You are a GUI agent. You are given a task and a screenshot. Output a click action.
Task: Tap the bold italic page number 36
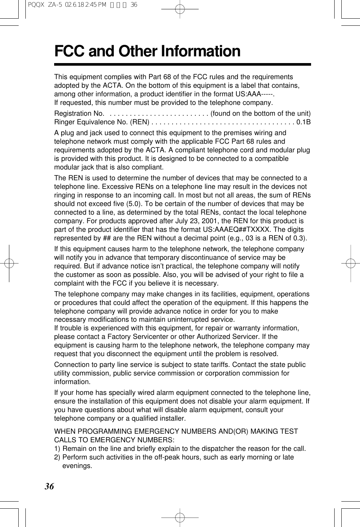click(x=49, y=486)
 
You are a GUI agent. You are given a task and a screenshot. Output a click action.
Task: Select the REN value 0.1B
click(x=303, y=122)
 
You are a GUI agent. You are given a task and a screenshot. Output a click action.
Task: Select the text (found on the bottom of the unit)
click(x=261, y=113)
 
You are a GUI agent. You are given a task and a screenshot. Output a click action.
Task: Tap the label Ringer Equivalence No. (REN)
click(x=102, y=122)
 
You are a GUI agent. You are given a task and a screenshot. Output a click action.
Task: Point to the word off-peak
click(x=165, y=457)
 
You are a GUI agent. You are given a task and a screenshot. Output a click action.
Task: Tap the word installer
click(x=172, y=418)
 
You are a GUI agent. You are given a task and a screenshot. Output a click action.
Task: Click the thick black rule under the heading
click(x=182, y=65)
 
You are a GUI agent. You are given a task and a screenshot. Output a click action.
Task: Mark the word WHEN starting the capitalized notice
click(x=65, y=431)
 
